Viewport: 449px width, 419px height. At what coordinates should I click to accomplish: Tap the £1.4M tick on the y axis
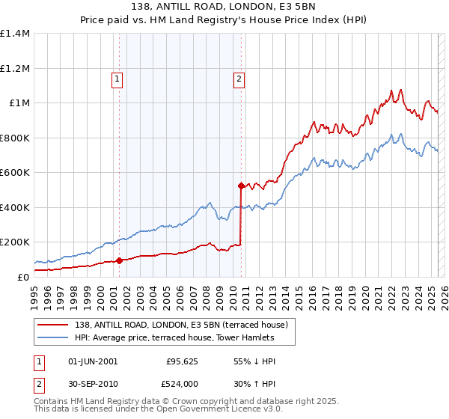tap(15, 34)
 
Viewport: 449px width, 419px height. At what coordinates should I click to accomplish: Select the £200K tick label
tap(15, 242)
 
